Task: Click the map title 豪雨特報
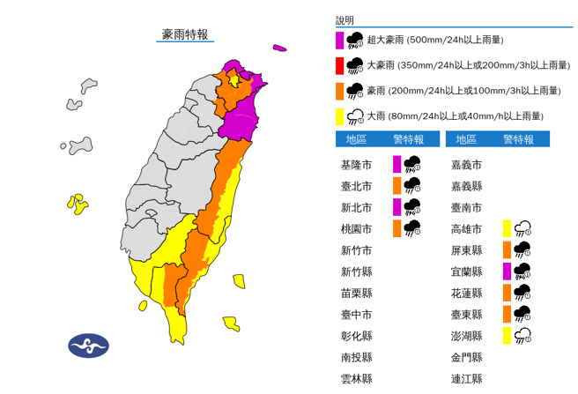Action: pyautogui.click(x=185, y=34)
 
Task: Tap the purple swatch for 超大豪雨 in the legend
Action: pyautogui.click(x=339, y=40)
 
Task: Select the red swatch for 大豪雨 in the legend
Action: pyautogui.click(x=339, y=64)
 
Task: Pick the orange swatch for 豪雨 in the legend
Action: pyautogui.click(x=339, y=90)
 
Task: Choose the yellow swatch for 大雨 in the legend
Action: pyautogui.click(x=339, y=115)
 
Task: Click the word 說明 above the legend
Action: pyautogui.click(x=344, y=19)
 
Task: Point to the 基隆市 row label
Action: pyautogui.click(x=356, y=165)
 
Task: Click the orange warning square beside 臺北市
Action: pyautogui.click(x=397, y=185)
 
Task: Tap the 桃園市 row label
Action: pyautogui.click(x=356, y=228)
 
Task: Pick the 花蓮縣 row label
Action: pyautogui.click(x=465, y=293)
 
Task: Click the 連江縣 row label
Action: pyautogui.click(x=465, y=378)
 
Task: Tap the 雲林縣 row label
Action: pyautogui.click(x=356, y=378)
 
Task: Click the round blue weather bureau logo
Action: pyautogui.click(x=88, y=344)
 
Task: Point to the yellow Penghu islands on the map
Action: pyautogui.click(x=77, y=204)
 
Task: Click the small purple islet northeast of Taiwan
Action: pyautogui.click(x=280, y=48)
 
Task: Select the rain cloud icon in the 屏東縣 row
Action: pyautogui.click(x=522, y=249)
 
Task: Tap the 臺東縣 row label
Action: pyautogui.click(x=465, y=314)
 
